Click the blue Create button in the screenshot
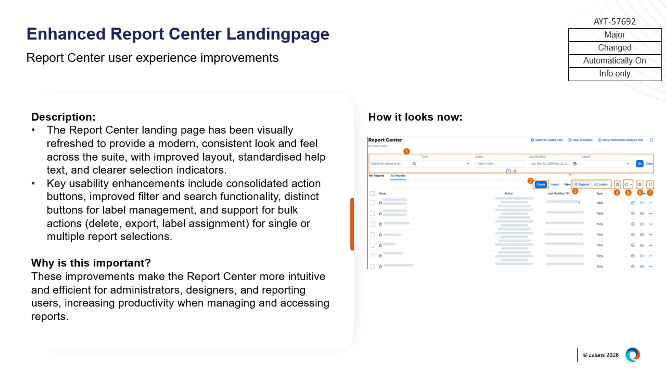(x=540, y=184)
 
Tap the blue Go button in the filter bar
(x=639, y=164)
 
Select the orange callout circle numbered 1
(x=406, y=151)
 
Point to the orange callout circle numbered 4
(x=617, y=193)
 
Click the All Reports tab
(x=398, y=176)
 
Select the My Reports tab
(x=376, y=176)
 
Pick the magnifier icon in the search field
(x=414, y=164)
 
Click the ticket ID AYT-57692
(x=614, y=21)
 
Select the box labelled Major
(x=614, y=35)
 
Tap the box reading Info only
(x=614, y=74)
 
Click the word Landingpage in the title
(x=278, y=34)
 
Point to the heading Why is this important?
(x=91, y=263)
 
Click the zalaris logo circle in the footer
(x=632, y=355)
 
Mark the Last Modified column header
(x=556, y=193)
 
